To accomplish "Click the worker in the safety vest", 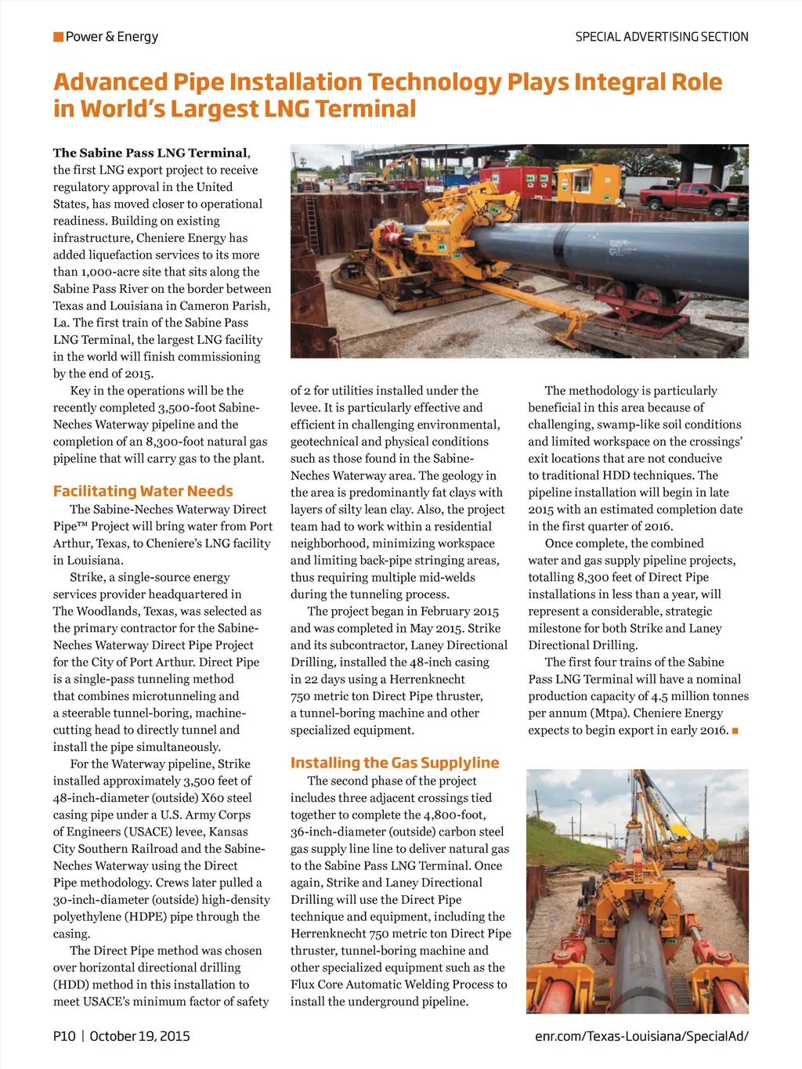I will coord(710,861).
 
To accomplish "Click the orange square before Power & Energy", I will coord(58,37).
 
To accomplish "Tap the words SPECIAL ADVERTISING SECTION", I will coord(662,37).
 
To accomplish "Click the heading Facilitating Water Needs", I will coord(143,491).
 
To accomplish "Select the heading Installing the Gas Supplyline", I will coord(395,763).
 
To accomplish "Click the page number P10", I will coord(64,1036).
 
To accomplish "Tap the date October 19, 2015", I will coord(139,1036).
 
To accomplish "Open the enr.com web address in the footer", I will coord(641,1036).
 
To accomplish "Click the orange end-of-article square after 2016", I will coord(735,731).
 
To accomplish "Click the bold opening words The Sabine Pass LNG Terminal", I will coord(150,153).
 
